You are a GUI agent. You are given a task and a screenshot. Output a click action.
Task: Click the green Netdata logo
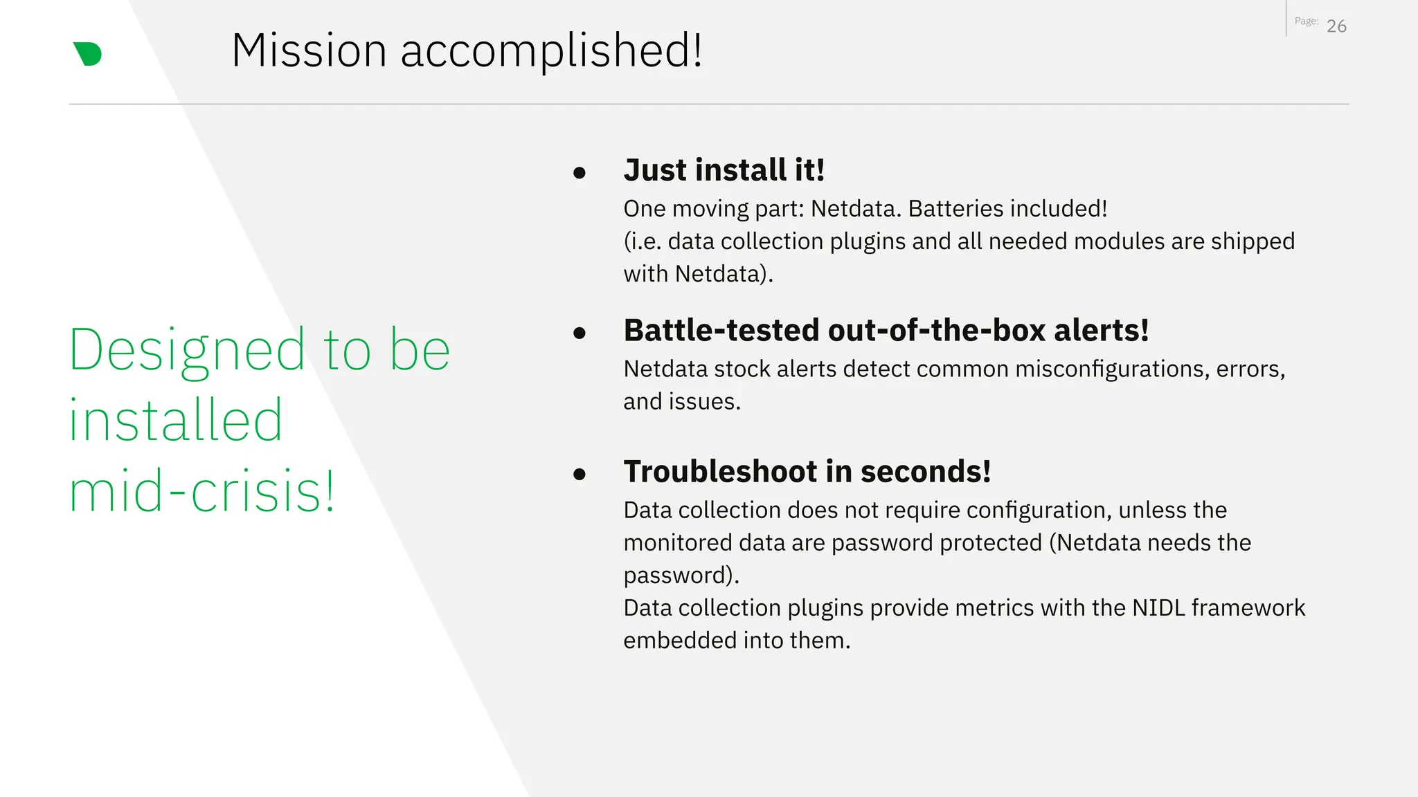pos(88,54)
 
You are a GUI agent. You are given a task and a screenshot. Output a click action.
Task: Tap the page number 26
pos(1336,26)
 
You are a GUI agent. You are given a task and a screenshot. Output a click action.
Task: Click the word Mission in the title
pos(309,51)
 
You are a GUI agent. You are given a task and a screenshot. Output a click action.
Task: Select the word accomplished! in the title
pos(551,51)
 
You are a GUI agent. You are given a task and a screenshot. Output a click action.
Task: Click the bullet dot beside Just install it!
pos(580,173)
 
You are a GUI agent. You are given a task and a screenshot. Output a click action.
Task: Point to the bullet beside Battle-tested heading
pos(580,333)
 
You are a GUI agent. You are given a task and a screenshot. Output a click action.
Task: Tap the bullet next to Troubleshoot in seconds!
pos(580,475)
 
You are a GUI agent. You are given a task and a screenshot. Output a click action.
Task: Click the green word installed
pos(176,421)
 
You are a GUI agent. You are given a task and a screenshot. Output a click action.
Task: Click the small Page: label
pos(1306,21)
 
